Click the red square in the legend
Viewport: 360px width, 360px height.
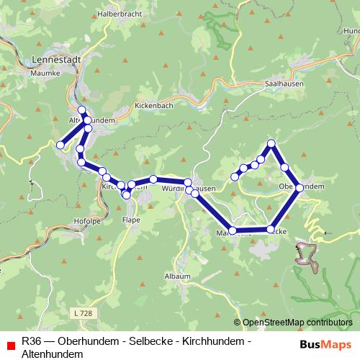click(10, 345)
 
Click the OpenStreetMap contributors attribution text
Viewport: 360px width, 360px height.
click(297, 323)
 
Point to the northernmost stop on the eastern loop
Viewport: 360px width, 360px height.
click(271, 143)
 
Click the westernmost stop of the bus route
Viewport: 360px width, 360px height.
click(61, 145)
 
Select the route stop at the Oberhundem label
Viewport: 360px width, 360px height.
click(299, 187)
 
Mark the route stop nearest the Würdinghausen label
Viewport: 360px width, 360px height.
click(188, 183)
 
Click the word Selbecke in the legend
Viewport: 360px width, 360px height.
click(150, 341)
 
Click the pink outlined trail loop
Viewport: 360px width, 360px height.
click(308, 254)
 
